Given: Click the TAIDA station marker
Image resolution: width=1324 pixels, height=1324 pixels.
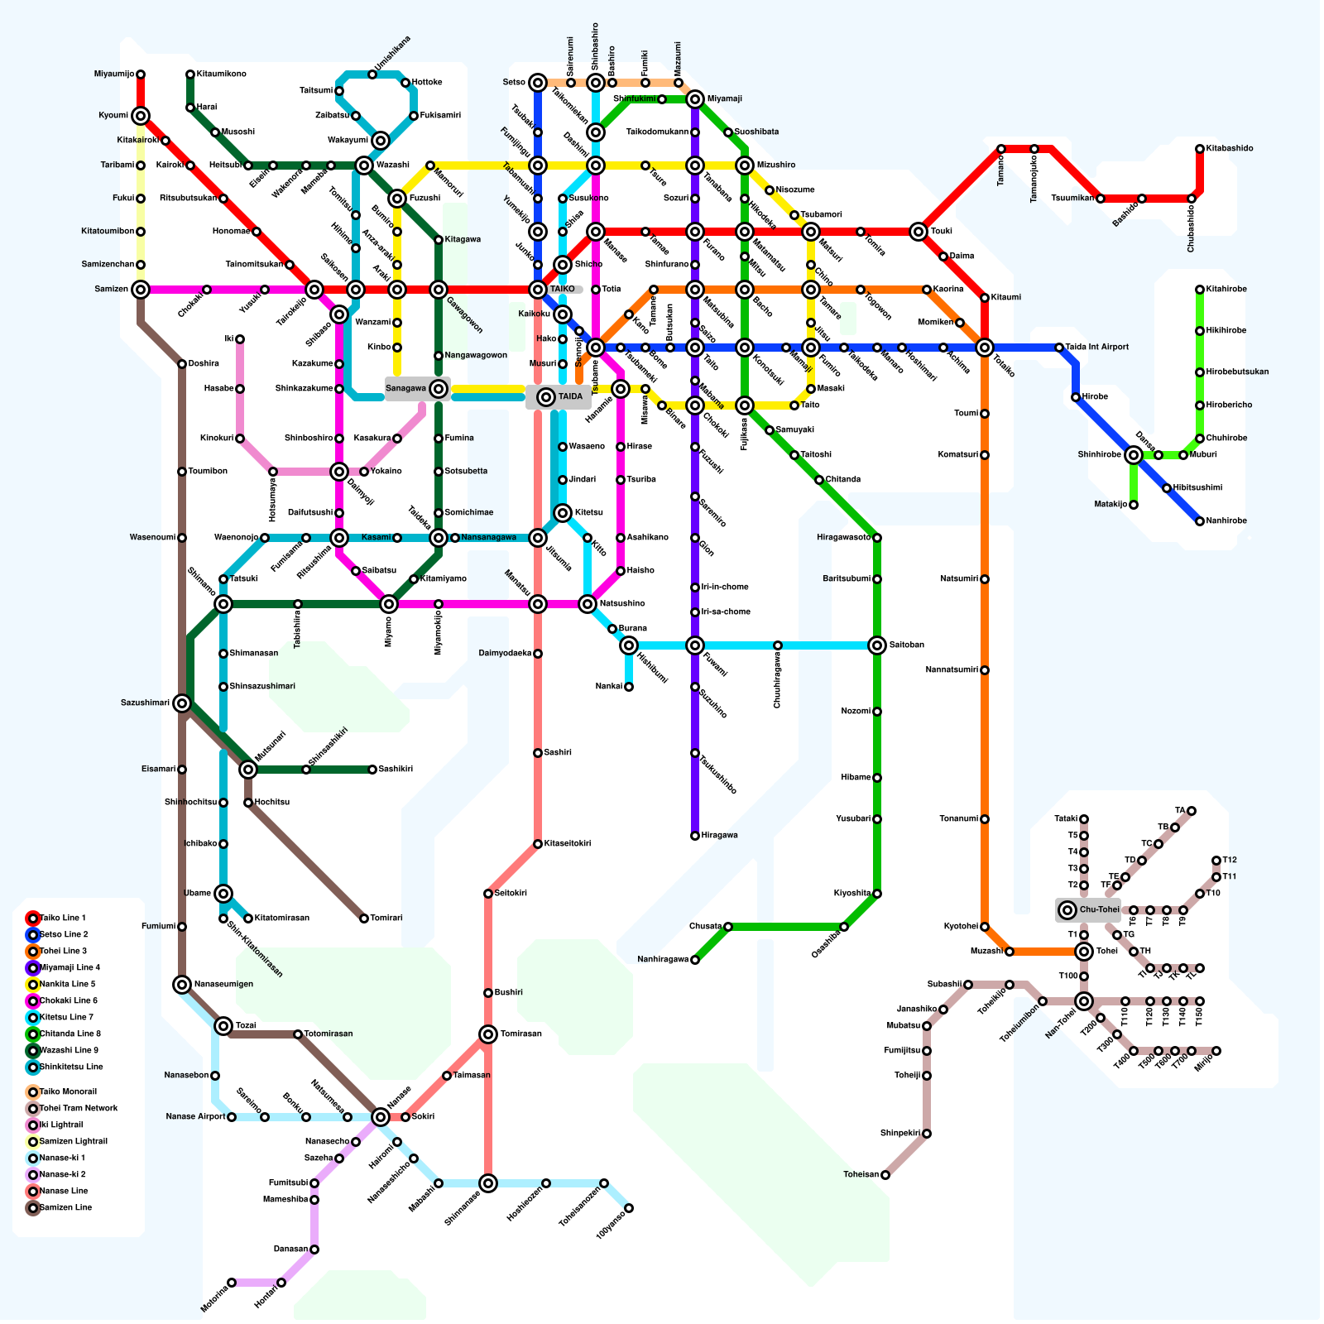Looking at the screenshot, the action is coord(546,397).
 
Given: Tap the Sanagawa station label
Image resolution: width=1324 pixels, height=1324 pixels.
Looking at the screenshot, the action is coord(405,389).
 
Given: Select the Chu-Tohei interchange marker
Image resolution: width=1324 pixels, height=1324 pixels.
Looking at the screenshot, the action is coord(1067,910).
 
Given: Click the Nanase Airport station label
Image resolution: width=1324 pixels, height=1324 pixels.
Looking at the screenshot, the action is coord(195,1117).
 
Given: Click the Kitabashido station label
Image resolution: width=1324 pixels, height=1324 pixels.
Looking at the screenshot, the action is coord(1230,149).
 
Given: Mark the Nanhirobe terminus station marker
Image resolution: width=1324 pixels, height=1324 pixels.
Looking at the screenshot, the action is coord(1200,521).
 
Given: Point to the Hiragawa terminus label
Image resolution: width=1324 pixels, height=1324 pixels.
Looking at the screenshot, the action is coord(719,836).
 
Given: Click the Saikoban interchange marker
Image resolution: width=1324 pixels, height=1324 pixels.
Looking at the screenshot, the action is coord(877,645).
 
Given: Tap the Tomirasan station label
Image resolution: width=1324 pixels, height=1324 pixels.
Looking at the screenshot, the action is coord(521,1034).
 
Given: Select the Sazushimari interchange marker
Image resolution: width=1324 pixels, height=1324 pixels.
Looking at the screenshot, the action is coord(182,703).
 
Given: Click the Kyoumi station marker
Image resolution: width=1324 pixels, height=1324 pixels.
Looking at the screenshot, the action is coord(141,116).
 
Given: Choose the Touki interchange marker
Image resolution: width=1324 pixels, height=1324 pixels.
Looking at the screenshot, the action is coord(919,232).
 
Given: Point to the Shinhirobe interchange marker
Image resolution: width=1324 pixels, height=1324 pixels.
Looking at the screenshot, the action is coord(1134,455).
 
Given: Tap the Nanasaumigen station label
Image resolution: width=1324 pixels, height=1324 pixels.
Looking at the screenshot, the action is coord(223,985).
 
